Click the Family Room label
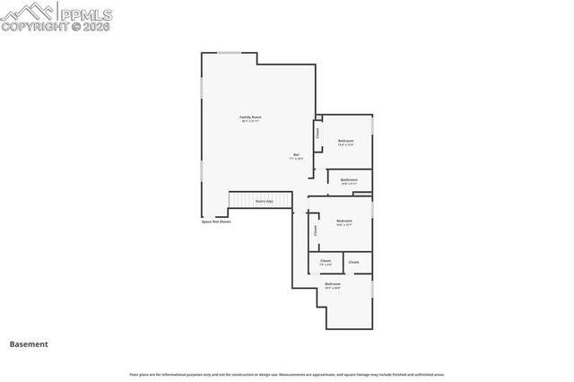point(250,117)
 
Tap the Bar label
point(297,155)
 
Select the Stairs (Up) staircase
point(264,201)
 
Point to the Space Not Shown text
point(216,221)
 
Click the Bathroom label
point(349,179)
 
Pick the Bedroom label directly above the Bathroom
point(345,141)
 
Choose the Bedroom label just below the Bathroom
point(344,221)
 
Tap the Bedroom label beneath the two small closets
point(333,284)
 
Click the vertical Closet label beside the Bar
point(317,133)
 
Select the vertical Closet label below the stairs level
point(315,230)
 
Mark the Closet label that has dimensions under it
point(326,261)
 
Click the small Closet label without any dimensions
point(353,262)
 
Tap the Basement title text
point(29,343)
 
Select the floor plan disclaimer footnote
point(286,374)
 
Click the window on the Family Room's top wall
point(230,53)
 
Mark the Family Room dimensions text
point(250,122)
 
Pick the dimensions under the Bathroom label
point(349,184)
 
